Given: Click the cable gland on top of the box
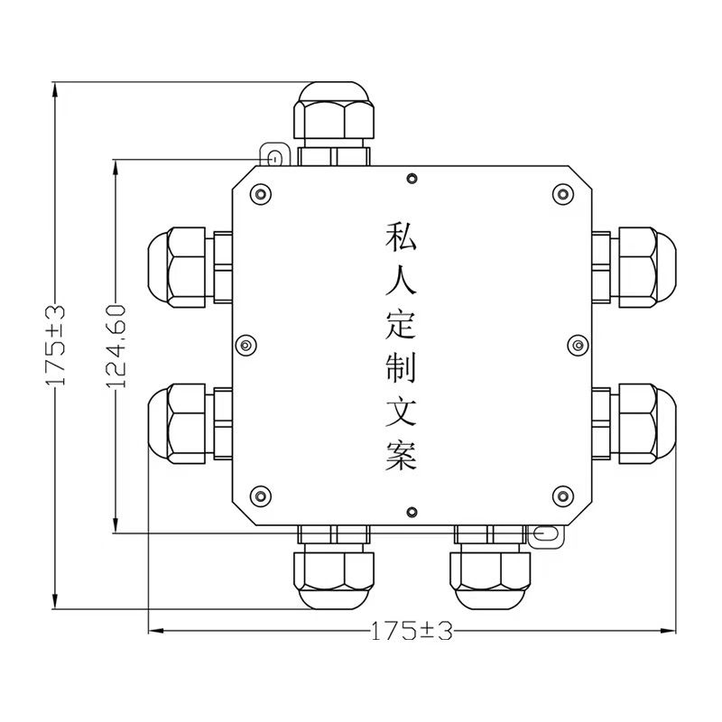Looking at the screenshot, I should click(332, 121).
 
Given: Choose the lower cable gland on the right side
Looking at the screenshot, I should click(634, 421).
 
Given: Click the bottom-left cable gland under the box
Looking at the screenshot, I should click(332, 567).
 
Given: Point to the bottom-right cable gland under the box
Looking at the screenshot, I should click(492, 567).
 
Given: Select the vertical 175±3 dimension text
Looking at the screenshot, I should click(57, 347).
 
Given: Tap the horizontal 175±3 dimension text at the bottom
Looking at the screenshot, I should click(411, 631).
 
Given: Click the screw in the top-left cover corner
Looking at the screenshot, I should click(262, 194).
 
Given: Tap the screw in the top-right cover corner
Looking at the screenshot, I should click(562, 194).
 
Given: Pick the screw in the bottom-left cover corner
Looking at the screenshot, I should click(262, 495).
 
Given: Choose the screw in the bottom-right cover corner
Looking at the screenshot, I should click(562, 495).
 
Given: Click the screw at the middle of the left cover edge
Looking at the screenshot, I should click(245, 345).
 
